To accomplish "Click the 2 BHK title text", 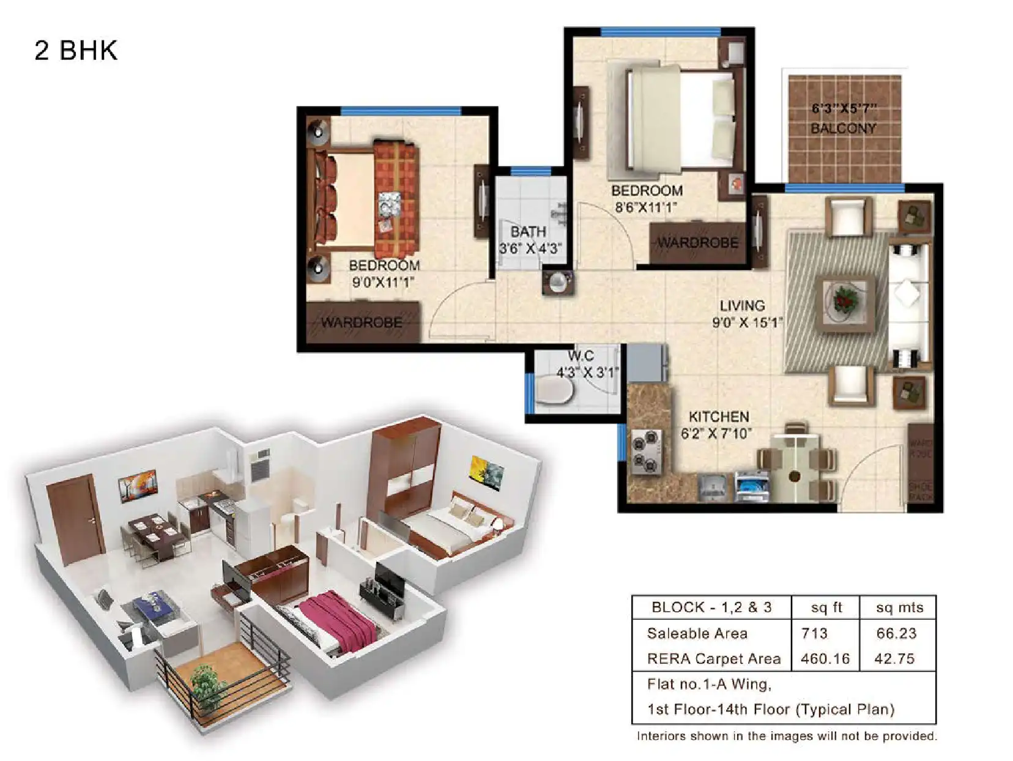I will pos(76,50).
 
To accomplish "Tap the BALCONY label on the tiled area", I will pos(843,128).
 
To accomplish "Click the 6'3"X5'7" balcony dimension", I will pos(844,109).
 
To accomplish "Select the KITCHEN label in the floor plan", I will pos(718,417).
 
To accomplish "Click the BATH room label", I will pos(528,232).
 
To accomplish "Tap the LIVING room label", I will pos(741,305).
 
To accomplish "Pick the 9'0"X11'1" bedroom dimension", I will pos(383,282).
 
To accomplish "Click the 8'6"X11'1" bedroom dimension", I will pos(646,207).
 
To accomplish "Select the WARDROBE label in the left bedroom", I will pos(362,322).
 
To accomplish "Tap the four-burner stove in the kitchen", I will pos(647,451).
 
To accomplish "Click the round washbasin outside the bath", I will pos(558,283).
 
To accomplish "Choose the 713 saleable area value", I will pos(814,633).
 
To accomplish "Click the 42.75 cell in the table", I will pos(895,659).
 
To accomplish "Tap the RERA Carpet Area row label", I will pos(713,659).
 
